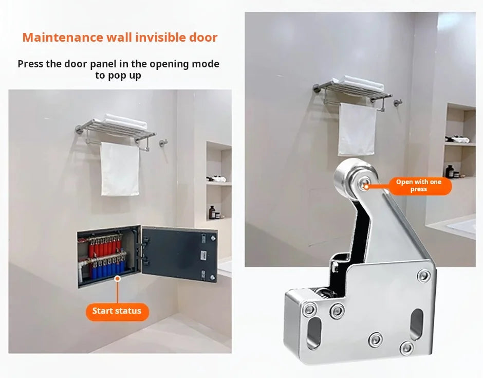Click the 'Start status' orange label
point(117,311)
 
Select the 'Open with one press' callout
point(419,186)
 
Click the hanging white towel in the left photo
point(120,169)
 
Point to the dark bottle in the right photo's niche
point(450,171)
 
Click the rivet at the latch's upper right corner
point(423,276)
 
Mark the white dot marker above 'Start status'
point(118,278)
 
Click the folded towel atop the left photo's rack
point(125,121)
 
